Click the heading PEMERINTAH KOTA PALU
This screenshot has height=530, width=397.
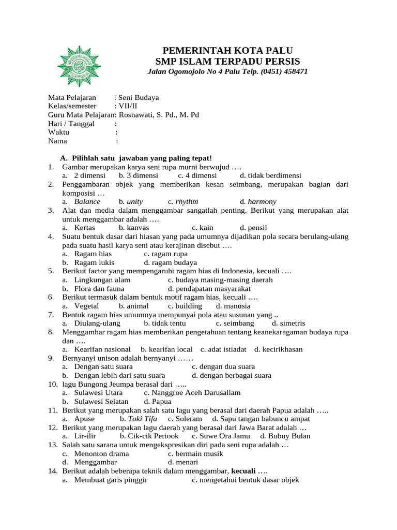[x=228, y=50]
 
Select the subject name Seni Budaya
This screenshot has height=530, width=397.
[x=139, y=97]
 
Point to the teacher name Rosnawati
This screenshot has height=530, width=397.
[x=136, y=114]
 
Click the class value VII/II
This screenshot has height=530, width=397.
[x=128, y=106]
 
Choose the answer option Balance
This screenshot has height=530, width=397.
[x=87, y=201]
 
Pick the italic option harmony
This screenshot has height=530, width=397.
[x=262, y=201]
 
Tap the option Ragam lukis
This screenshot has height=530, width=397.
[x=94, y=262]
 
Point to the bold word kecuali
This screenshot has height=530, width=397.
[x=243, y=471]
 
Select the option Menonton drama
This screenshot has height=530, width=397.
[x=102, y=453]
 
